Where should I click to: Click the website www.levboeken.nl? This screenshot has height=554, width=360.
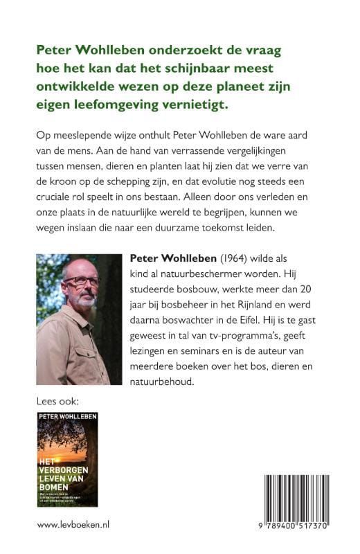click(x=75, y=526)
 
